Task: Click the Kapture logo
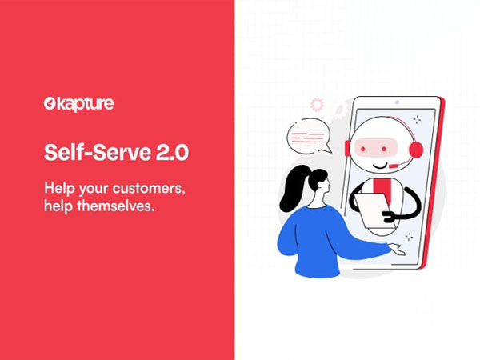pos(78,103)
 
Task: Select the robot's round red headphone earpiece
pos(415,149)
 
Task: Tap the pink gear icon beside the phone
pos(318,104)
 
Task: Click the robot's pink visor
pos(381,147)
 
